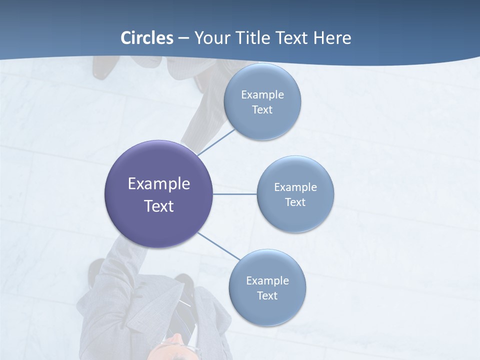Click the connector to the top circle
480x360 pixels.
216,142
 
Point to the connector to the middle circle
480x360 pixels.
234,194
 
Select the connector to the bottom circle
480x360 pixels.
218,246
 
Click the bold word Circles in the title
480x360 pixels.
147,38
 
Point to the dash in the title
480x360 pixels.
183,38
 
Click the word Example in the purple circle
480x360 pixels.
159,184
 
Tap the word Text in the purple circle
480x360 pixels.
159,206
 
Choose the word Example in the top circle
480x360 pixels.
262,95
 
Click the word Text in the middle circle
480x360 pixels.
295,202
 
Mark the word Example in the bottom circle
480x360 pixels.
267,281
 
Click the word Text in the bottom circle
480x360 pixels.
267,296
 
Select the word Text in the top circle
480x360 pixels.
262,110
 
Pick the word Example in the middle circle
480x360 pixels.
295,187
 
